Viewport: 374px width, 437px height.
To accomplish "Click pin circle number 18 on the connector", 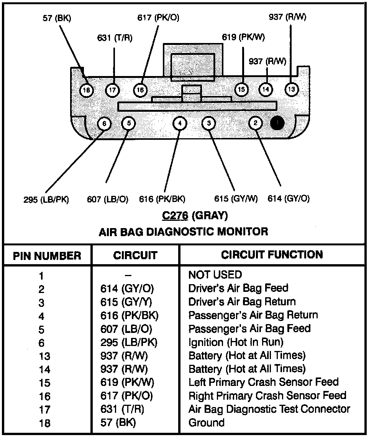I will (x=87, y=90).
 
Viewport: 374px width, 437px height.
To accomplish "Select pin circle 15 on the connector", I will (x=241, y=90).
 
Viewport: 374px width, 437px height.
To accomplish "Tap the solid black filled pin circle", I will (x=277, y=123).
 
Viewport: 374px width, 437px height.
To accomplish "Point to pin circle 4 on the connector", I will (x=180, y=124).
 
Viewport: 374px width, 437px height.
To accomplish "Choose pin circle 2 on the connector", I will (x=256, y=123).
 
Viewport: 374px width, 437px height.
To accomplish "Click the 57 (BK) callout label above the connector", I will (x=57, y=18).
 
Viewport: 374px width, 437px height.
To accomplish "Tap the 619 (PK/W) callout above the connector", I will (x=243, y=37).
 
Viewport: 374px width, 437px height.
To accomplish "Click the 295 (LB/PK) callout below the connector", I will (x=46, y=199).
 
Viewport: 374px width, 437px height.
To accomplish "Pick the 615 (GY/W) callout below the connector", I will (x=236, y=199).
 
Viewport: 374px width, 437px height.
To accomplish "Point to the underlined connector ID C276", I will (x=175, y=216).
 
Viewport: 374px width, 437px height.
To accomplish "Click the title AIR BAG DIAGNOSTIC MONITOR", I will (x=184, y=232).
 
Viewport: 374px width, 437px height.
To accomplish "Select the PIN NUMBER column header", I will (x=47, y=256).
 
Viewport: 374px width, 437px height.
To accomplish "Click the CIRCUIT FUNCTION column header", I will (x=272, y=255).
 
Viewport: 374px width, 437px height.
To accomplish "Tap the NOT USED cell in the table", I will (x=215, y=275).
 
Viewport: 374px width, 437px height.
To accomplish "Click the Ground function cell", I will (x=206, y=423).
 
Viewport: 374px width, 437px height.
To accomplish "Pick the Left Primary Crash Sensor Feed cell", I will (x=263, y=382).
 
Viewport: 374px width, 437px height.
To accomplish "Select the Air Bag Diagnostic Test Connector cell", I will (x=269, y=409).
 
